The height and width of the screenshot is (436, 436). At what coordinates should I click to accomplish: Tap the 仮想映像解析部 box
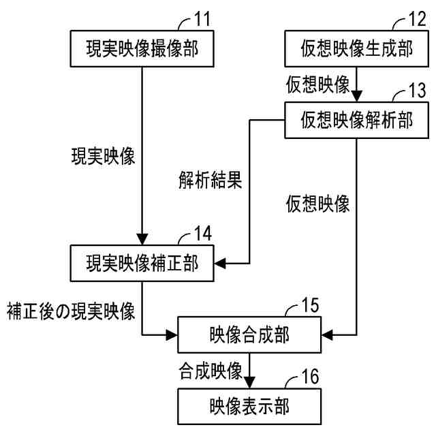(356, 120)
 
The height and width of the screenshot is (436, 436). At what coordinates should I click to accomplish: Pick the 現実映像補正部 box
(141, 262)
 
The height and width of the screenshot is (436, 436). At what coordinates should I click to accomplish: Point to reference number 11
(203, 18)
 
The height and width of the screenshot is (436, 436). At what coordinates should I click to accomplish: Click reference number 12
(418, 18)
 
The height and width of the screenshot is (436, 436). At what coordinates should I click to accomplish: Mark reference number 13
(418, 91)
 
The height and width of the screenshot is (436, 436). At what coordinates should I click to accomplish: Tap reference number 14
(203, 234)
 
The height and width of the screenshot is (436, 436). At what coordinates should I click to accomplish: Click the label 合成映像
(211, 371)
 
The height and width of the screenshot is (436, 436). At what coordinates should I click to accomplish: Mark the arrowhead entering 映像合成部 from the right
(327, 334)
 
